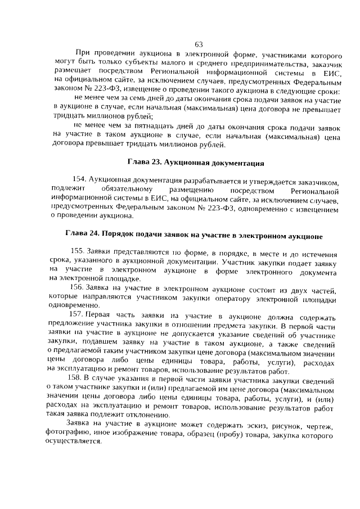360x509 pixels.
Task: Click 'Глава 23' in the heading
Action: coord(145,164)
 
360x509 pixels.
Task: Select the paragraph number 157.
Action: coord(76,313)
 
